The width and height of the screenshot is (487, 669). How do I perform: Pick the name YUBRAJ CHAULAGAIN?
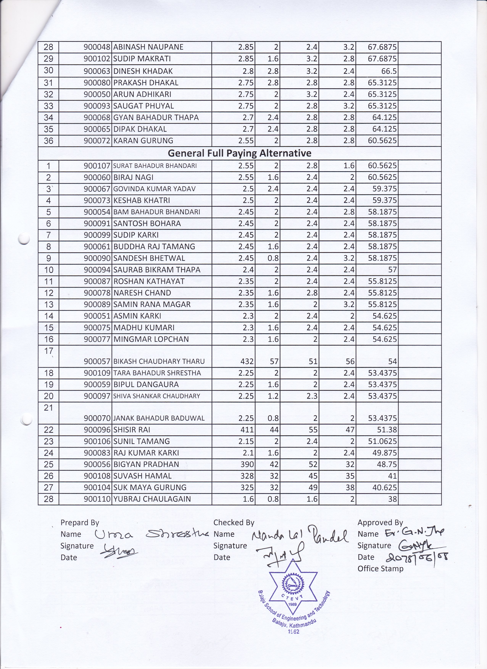coord(152,499)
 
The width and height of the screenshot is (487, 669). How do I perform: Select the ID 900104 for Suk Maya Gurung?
coord(97,488)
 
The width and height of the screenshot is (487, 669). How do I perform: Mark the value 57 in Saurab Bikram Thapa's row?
coord(392,270)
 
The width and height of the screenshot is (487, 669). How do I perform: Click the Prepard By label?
coord(80,523)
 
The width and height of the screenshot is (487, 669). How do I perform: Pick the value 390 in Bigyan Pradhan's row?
coord(247,464)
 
